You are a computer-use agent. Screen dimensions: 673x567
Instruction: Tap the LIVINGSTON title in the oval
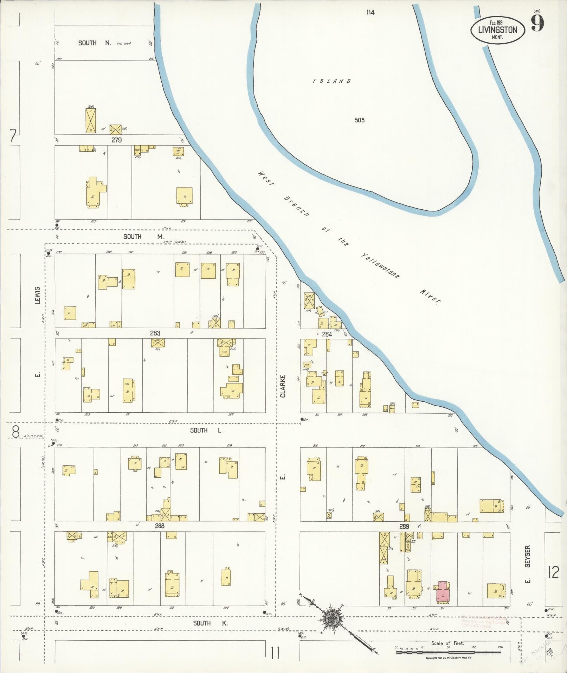point(497,30)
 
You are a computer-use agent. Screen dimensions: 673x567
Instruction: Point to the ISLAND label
point(332,81)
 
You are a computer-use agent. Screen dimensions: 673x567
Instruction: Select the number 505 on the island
point(359,120)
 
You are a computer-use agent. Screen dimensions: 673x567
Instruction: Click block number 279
point(116,140)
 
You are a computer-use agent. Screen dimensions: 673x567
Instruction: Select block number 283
point(155,333)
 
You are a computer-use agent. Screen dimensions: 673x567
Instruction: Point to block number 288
point(159,526)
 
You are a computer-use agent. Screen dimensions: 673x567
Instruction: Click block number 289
point(404,527)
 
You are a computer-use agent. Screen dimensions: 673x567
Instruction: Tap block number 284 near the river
point(327,334)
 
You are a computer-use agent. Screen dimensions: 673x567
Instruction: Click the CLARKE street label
point(283,386)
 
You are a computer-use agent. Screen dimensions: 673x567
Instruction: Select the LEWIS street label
point(38,295)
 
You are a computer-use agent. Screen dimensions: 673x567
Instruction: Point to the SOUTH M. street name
point(142,237)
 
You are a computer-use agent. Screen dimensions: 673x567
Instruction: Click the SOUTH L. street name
point(206,430)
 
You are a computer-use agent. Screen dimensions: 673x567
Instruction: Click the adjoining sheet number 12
point(553,572)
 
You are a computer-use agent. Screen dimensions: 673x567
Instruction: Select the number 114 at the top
point(370,12)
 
